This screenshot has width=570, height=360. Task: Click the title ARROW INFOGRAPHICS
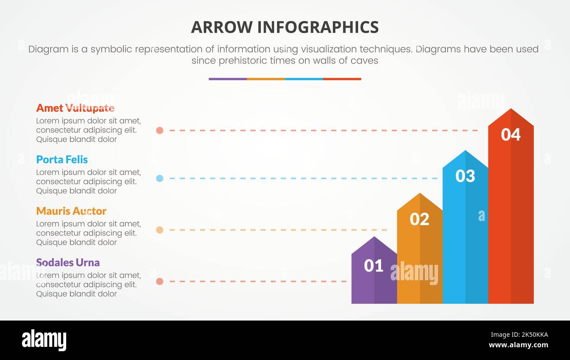285,27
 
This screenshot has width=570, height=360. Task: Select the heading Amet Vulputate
75,108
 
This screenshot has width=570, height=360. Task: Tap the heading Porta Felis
62,159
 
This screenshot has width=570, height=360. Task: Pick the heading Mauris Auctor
71,211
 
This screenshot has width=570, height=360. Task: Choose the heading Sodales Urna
68,262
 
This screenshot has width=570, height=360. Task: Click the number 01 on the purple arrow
374,265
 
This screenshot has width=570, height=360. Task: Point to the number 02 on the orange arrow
419,219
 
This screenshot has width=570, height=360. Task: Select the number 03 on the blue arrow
465,176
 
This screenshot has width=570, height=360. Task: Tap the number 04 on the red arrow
510,135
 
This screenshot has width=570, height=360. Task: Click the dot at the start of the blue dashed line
160,178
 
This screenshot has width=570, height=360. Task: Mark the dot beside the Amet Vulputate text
160,130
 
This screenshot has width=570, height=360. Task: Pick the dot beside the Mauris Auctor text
160,230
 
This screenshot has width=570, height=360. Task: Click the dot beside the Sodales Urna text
160,281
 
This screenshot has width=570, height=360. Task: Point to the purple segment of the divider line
228,79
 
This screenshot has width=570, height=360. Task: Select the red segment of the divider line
342,79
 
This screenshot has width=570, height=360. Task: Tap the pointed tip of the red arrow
511,110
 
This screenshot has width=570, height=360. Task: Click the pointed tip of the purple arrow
374,238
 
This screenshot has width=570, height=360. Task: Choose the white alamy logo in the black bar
44,340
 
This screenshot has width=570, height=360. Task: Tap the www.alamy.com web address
518,345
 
